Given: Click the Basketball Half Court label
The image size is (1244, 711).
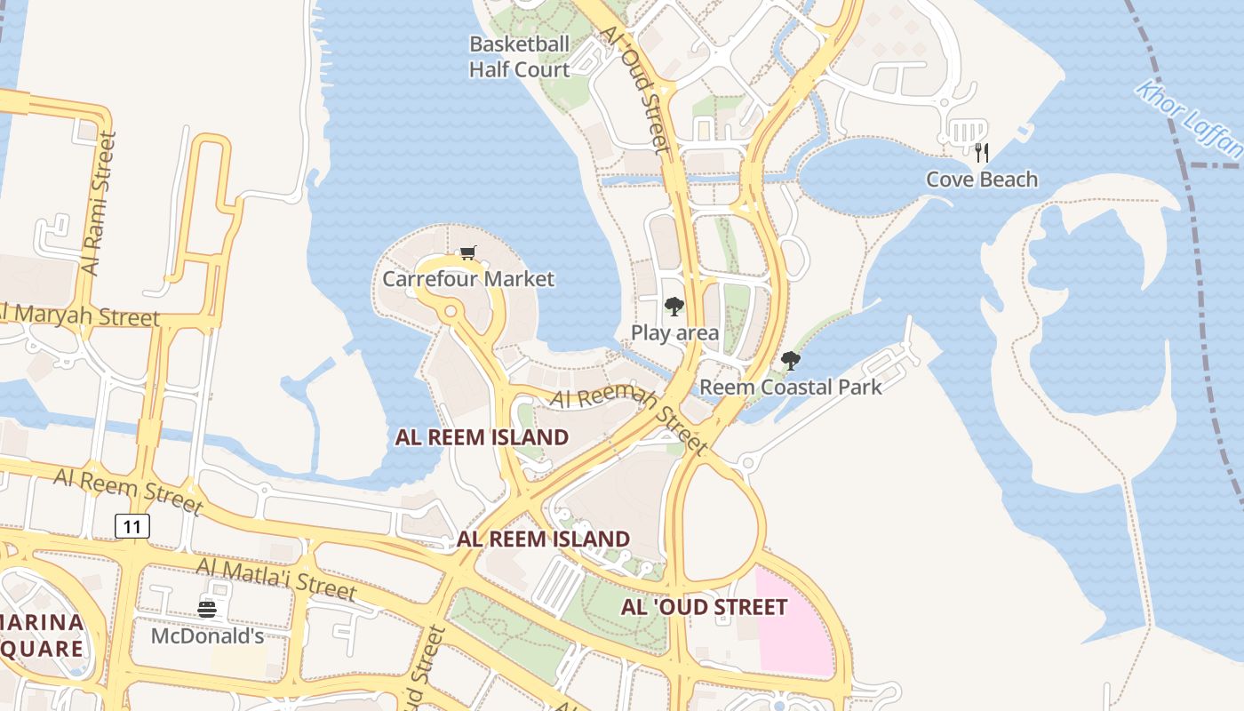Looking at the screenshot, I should pos(520,57).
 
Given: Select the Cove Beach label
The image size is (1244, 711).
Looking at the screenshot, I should pos(982,180).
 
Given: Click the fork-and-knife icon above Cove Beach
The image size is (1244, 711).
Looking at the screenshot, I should pos(982,153).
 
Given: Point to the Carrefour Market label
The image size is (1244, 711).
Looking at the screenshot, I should pos(468,279).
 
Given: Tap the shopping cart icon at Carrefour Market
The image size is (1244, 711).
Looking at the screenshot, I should pos(468,253).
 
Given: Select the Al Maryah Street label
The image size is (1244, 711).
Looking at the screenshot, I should pos(81,315).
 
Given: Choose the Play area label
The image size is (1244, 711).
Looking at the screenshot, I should pos(675,333).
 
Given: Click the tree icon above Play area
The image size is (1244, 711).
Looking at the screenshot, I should pos(674,308).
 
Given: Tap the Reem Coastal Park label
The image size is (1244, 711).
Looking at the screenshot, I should pos(791,387).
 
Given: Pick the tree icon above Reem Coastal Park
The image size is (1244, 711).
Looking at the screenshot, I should pos(790,361).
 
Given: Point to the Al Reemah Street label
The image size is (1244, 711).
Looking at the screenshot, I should pos(629,416).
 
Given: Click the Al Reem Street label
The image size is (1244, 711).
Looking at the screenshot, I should pos(129,490).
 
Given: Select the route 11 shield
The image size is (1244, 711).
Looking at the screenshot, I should pos(132,526).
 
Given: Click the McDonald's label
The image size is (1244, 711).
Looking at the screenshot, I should pos(208,636).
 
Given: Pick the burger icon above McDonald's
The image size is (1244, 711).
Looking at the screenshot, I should pos(207,609).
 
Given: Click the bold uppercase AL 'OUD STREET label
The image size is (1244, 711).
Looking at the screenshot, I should pos(704,608).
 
